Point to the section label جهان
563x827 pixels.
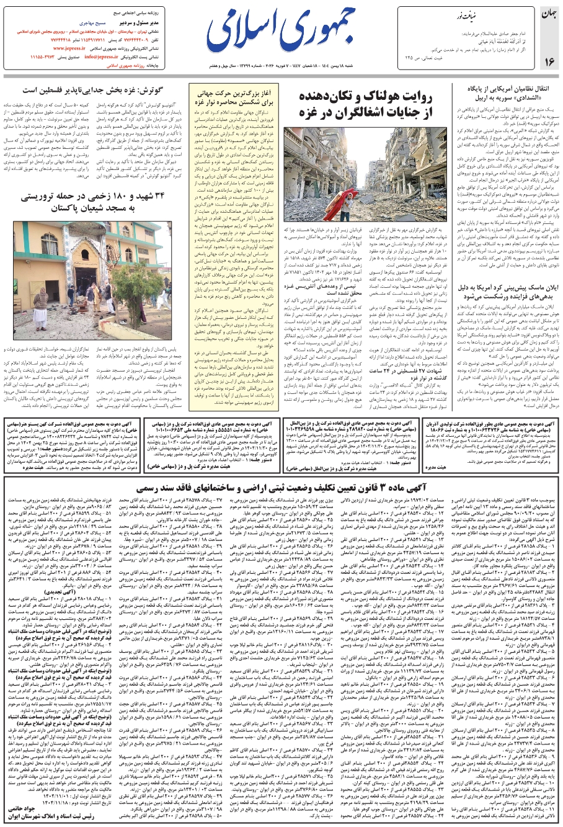coord(549,14)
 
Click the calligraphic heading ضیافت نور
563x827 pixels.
coord(465,14)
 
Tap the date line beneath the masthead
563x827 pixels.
coord(282,65)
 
